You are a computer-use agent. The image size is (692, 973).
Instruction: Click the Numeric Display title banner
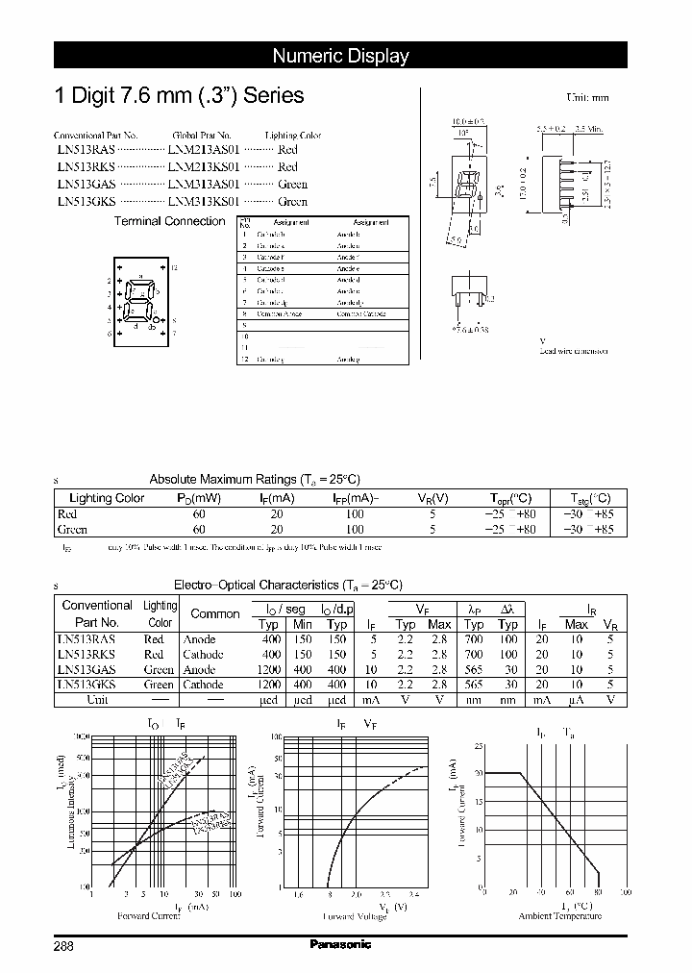pyautogui.click(x=340, y=56)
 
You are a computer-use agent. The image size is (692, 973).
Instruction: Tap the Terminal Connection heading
pyautogui.click(x=169, y=221)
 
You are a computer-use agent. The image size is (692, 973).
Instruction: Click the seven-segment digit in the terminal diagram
pyautogui.click(x=141, y=299)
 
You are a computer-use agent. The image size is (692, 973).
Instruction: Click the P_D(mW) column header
pyautogui.click(x=199, y=498)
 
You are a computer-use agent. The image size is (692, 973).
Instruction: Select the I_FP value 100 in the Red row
pyautogui.click(x=355, y=514)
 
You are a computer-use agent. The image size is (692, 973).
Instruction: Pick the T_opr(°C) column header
pyautogui.click(x=509, y=498)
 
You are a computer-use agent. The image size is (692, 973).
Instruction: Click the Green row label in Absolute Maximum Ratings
pyautogui.click(x=72, y=530)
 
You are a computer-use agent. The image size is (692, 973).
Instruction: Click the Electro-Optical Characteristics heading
pyautogui.click(x=287, y=585)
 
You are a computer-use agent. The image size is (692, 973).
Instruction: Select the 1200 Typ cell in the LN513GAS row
pyautogui.click(x=270, y=670)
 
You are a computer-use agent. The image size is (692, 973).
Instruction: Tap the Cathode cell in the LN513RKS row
pyautogui.click(x=203, y=655)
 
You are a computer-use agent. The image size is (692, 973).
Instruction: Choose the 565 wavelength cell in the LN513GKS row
pyautogui.click(x=474, y=685)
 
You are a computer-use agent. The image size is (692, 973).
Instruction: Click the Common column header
pyautogui.click(x=215, y=613)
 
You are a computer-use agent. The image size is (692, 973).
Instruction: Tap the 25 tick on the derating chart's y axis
pyautogui.click(x=480, y=745)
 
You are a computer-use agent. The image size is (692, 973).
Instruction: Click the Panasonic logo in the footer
pyautogui.click(x=340, y=944)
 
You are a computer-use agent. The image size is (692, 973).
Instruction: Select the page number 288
pyautogui.click(x=63, y=945)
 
